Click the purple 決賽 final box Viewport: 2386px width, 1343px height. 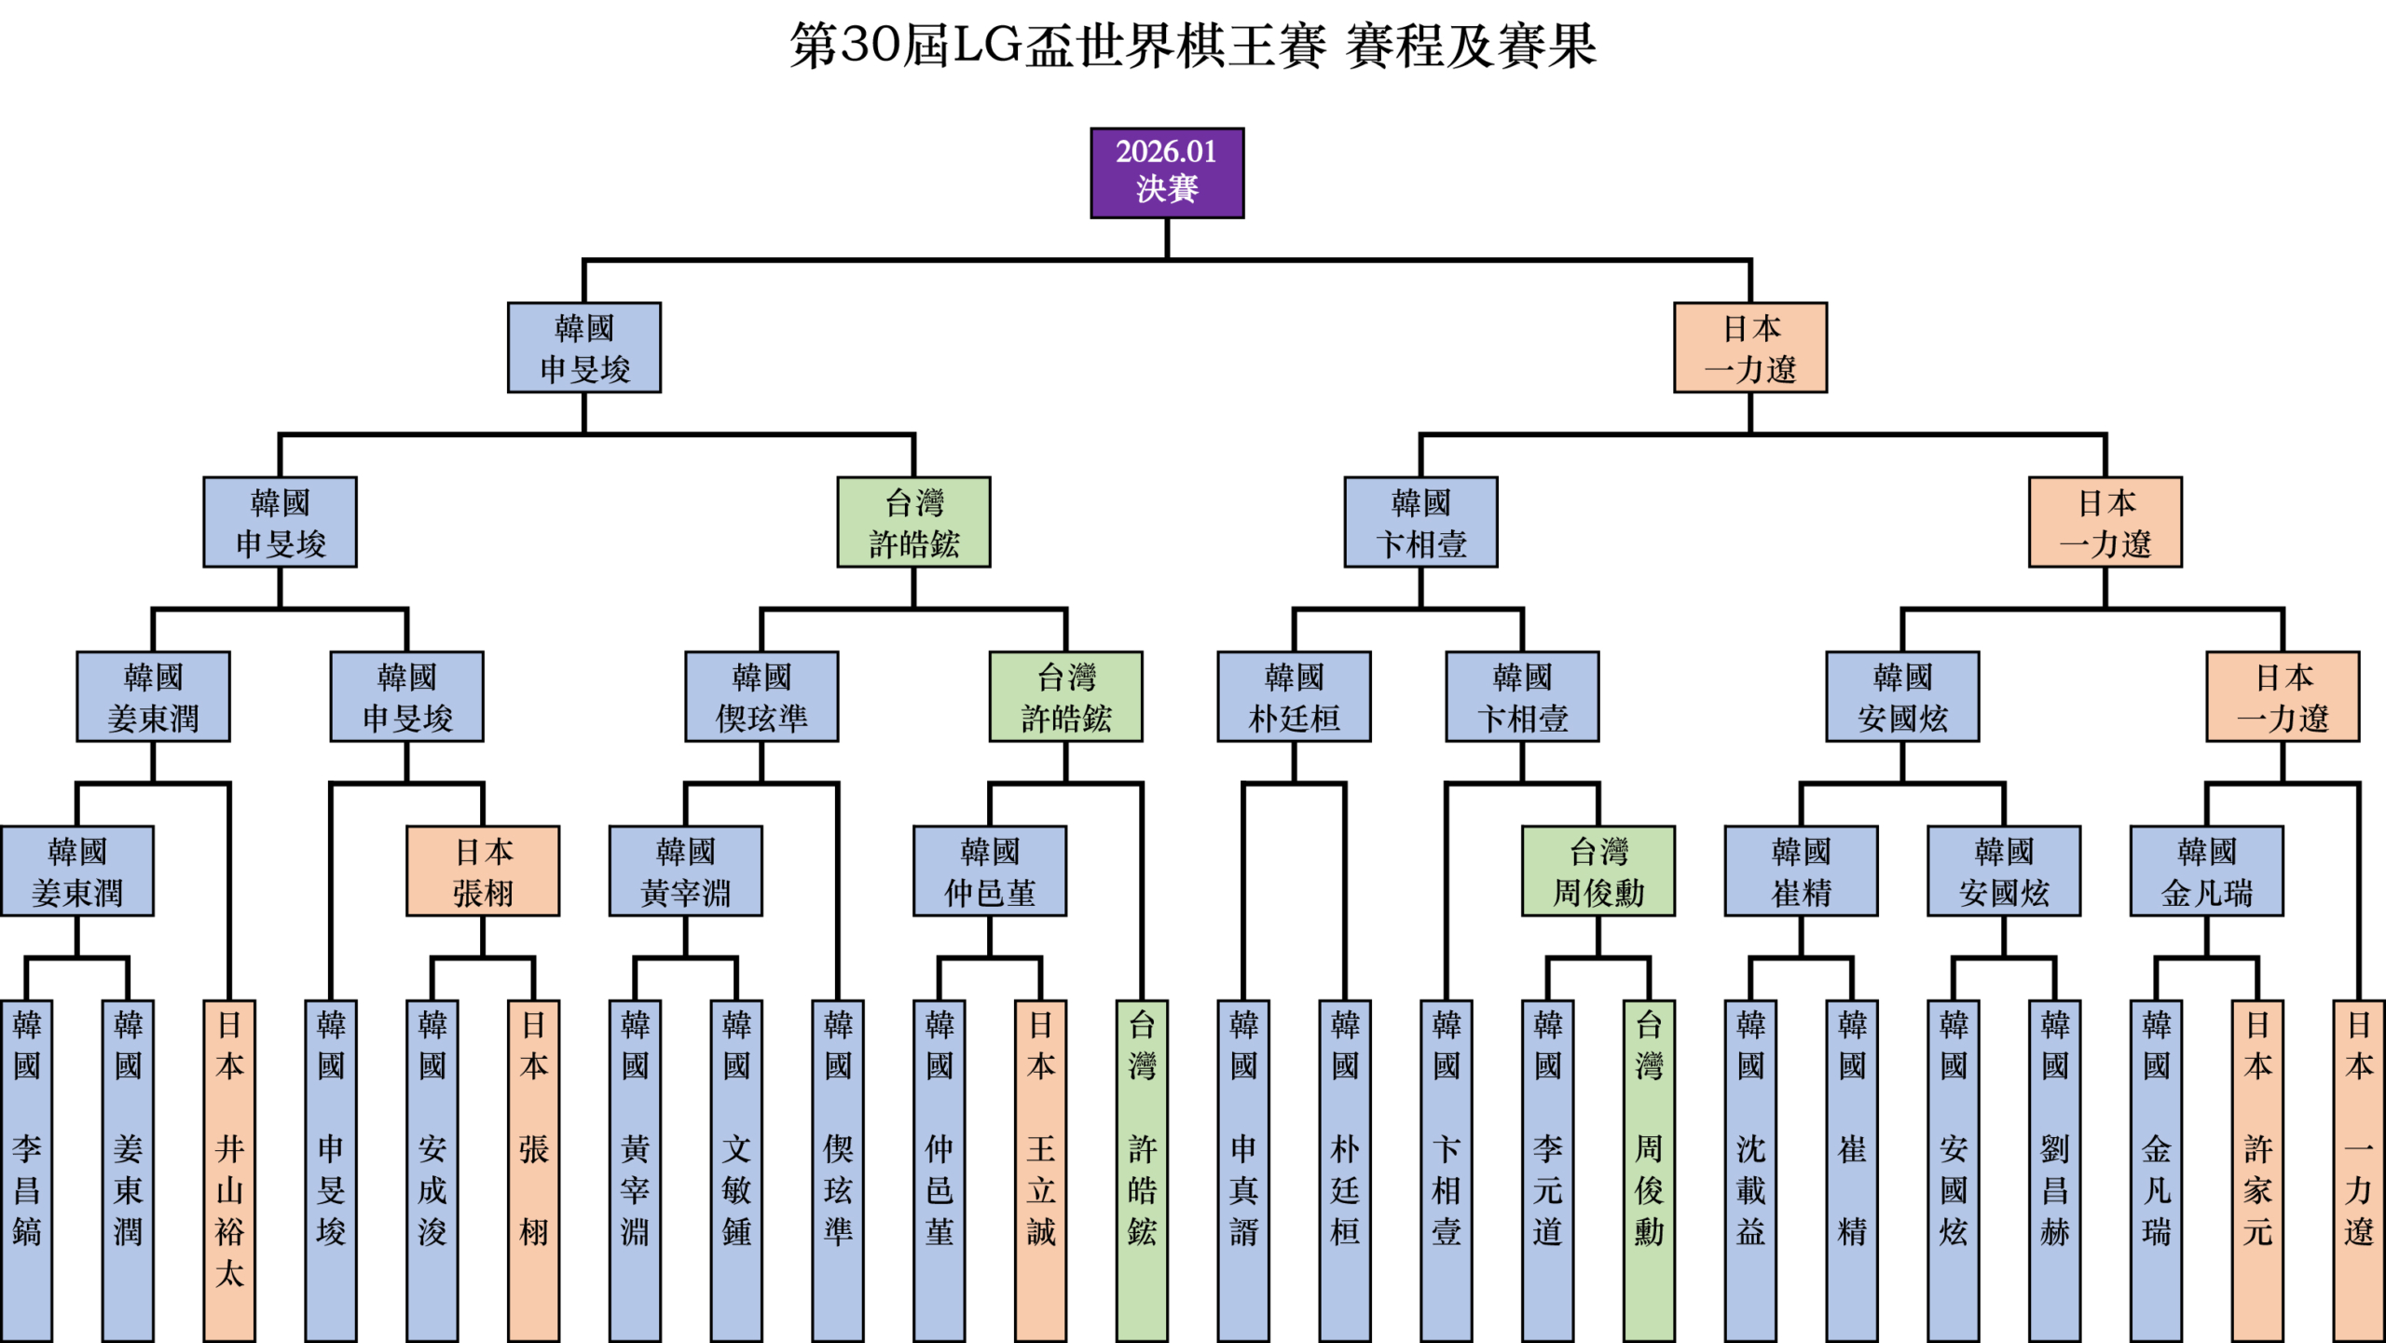pyautogui.click(x=1167, y=173)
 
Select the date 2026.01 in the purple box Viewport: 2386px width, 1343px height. pyautogui.click(x=1166, y=151)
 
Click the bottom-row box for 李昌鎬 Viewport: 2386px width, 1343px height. pyautogui.click(x=27, y=1170)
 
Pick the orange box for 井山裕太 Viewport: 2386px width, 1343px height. pyautogui.click(x=229, y=1170)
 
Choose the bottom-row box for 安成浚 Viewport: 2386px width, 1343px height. pyautogui.click(x=432, y=1170)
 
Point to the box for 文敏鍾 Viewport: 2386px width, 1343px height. pyautogui.click(x=736, y=1170)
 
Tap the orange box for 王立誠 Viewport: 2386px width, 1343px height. pyautogui.click(x=1041, y=1170)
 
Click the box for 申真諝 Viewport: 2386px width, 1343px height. pyautogui.click(x=1243, y=1170)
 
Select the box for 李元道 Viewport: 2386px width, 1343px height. pyautogui.click(x=1548, y=1170)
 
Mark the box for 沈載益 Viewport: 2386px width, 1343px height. pyautogui.click(x=1750, y=1170)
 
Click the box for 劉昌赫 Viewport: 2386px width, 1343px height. pyautogui.click(x=2055, y=1170)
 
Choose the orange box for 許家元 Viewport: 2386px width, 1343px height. pyautogui.click(x=2257, y=1170)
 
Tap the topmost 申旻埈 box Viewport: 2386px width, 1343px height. pyautogui.click(x=584, y=348)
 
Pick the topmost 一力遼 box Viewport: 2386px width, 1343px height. pyautogui.click(x=1750, y=348)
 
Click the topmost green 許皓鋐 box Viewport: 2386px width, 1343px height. pyautogui.click(x=913, y=522)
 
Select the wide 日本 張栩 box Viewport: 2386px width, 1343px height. pyautogui.click(x=483, y=871)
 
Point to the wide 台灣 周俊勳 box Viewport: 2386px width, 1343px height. pyautogui.click(x=1598, y=871)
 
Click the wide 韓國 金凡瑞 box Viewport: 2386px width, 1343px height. pyautogui.click(x=2207, y=871)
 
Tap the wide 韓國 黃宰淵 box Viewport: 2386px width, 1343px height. pyautogui.click(x=686, y=871)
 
